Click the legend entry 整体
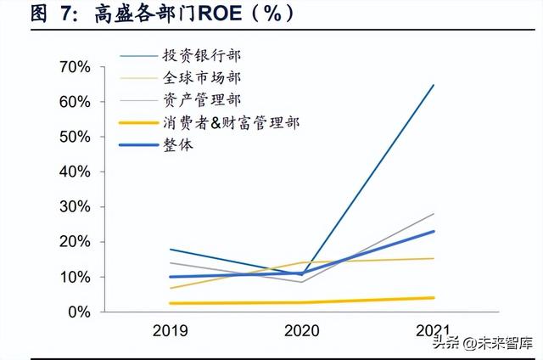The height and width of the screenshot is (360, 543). [x=178, y=145]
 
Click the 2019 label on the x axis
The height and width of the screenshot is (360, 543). [x=171, y=330]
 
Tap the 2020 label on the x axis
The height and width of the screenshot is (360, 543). [x=303, y=330]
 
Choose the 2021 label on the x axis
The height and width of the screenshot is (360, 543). [x=434, y=330]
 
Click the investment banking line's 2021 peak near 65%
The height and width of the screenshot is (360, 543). [x=434, y=85]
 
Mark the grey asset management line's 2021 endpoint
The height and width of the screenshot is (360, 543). [x=434, y=214]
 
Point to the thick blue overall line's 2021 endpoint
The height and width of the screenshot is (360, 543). [x=434, y=232]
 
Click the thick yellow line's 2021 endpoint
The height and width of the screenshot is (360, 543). [x=434, y=298]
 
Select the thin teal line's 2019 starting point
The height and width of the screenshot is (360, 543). [x=171, y=250]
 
